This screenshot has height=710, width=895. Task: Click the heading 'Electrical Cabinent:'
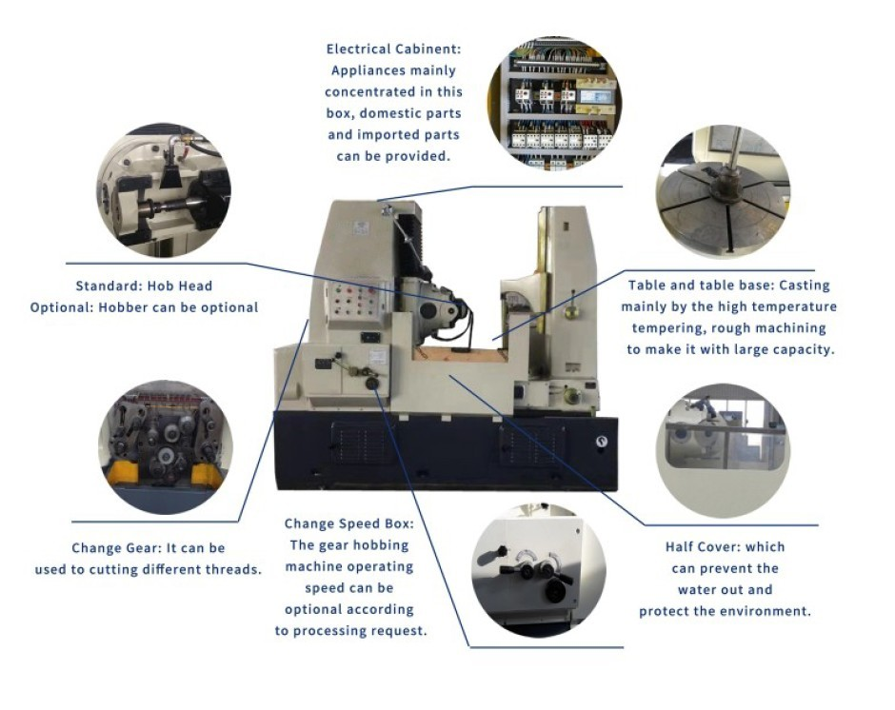pyautogui.click(x=393, y=49)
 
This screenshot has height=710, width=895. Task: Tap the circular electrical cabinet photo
pyautogui.click(x=554, y=103)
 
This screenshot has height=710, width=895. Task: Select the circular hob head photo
pyautogui.click(x=163, y=190)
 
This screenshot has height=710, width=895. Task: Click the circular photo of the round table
pyautogui.click(x=723, y=191)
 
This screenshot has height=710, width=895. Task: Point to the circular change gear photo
pyautogui.click(x=166, y=447)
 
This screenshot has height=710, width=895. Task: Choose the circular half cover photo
pyautogui.click(x=724, y=450)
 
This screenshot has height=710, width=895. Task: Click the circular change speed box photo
pyautogui.click(x=538, y=570)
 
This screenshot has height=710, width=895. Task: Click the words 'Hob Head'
pyautogui.click(x=179, y=286)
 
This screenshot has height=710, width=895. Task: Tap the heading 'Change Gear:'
pyautogui.click(x=117, y=548)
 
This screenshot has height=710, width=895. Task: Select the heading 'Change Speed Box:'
pyautogui.click(x=349, y=523)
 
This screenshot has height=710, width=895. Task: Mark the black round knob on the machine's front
pyautogui.click(x=372, y=384)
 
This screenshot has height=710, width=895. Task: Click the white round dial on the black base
pyautogui.click(x=601, y=442)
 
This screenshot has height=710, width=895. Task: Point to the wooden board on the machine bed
pyautogui.click(x=460, y=354)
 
